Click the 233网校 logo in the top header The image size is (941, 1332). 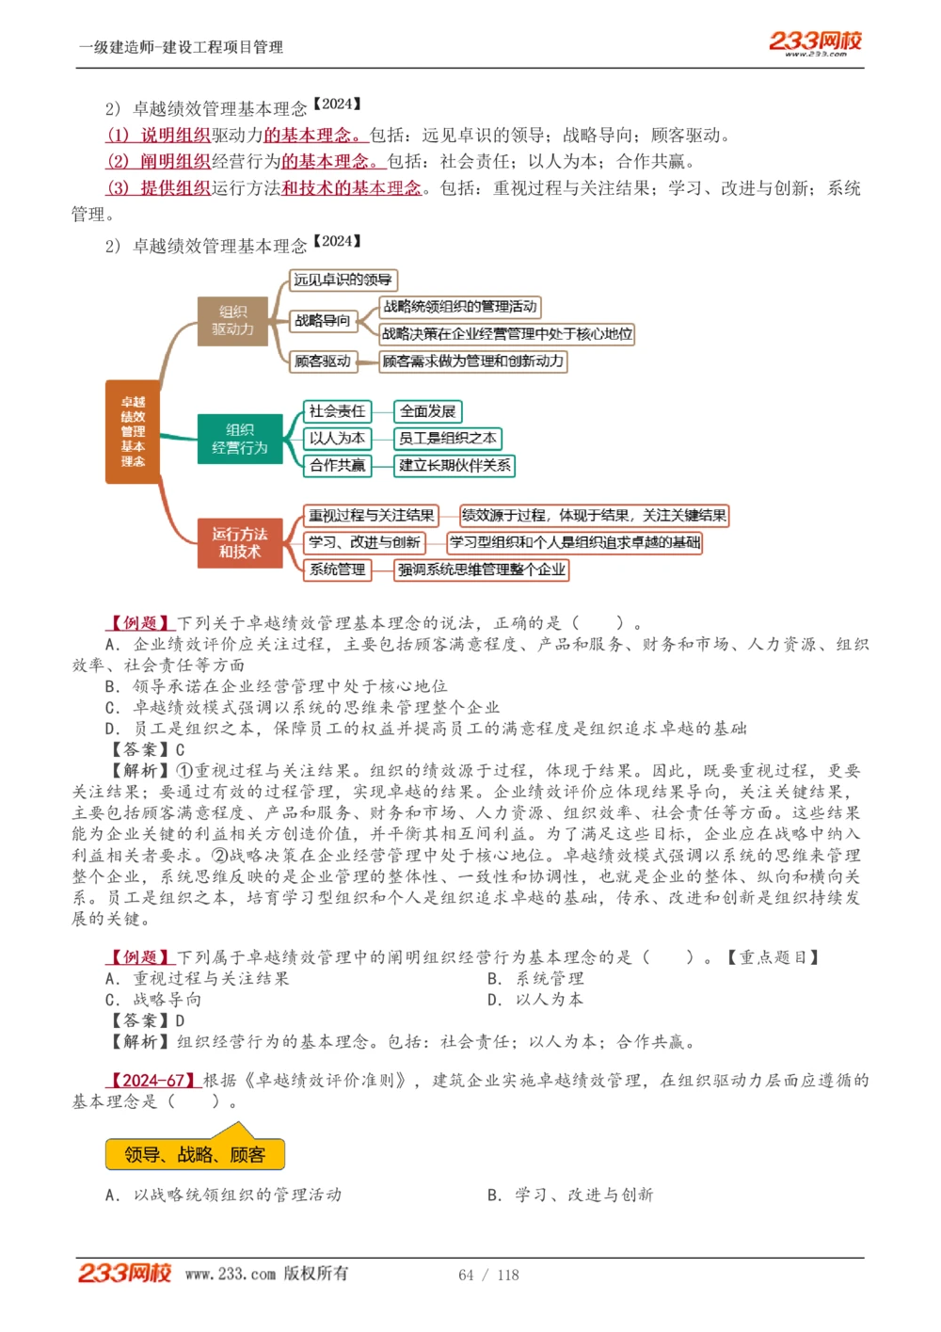[815, 42]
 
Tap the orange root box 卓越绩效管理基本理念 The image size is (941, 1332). [133, 431]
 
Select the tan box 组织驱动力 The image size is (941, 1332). [232, 321]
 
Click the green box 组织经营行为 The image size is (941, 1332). [240, 439]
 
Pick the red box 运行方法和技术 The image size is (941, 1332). [240, 542]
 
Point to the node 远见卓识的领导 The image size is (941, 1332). [343, 280]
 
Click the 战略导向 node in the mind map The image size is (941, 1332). [323, 321]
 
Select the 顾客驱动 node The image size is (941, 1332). [323, 361]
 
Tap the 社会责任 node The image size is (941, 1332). [337, 411]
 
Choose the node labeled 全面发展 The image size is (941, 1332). [427, 411]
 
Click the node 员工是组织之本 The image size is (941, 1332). [447, 439]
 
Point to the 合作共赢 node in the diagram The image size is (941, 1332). [337, 465]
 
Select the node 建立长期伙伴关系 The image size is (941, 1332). [455, 465]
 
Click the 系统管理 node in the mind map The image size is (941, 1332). [337, 570]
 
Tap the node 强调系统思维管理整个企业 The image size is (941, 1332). [481, 570]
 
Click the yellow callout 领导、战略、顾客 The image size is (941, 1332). [195, 1155]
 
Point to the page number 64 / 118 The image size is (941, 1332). [488, 1275]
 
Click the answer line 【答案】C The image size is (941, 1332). [148, 749]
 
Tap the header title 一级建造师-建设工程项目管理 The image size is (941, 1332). [181, 47]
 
